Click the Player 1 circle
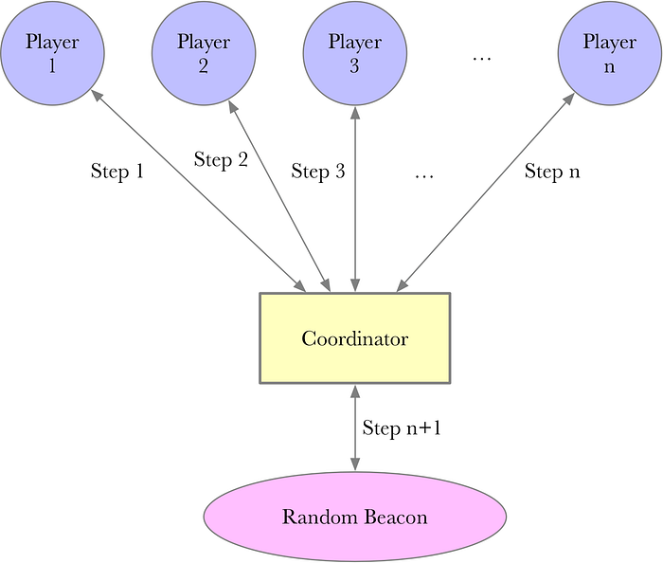pos(52,53)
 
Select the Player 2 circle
pos(204,53)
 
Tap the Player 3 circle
pos(355,53)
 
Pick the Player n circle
pos(610,53)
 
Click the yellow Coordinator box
pos(355,338)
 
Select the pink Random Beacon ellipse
pos(355,517)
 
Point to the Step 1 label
pos(117,172)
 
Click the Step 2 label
pos(221,160)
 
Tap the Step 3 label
pos(318,172)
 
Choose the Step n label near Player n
pos(552,172)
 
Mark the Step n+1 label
pos(402,428)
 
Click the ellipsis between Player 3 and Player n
pos(482,59)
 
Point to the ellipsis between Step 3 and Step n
pos(424,177)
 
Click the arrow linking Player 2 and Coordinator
pos(279,196)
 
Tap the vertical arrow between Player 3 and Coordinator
pos(355,199)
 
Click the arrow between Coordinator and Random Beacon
pos(355,427)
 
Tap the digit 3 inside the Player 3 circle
pos(354,66)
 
